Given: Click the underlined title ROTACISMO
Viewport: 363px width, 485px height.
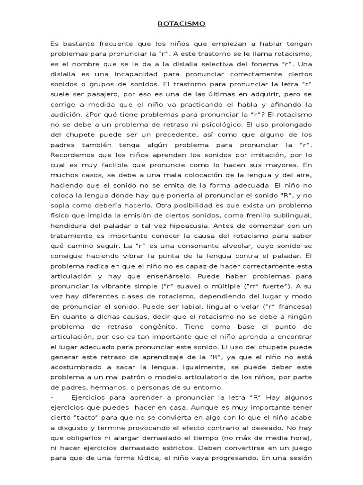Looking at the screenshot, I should click(181, 23).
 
